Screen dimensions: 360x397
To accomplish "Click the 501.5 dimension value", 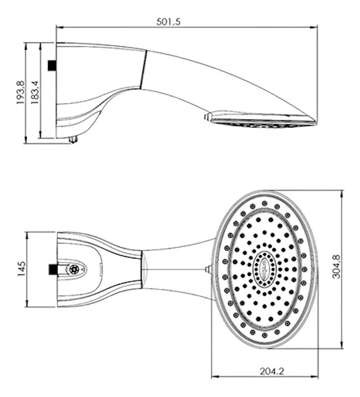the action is (168, 21).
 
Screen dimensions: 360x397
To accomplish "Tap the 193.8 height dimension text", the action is (20, 92).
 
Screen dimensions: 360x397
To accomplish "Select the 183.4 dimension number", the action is (35, 92).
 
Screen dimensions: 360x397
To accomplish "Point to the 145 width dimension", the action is (21, 268).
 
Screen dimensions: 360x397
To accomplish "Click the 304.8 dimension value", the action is (336, 267).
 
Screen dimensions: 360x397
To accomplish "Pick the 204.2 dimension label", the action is (272, 371).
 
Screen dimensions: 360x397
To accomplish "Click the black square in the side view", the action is (52, 66).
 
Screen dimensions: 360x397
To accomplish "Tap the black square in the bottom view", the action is (53, 269).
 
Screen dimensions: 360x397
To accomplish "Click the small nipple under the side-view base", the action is (73, 139).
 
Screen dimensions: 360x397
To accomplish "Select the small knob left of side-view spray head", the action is (207, 117).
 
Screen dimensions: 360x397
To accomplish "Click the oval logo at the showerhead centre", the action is (264, 269).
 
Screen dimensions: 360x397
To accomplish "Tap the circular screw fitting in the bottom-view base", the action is (74, 269).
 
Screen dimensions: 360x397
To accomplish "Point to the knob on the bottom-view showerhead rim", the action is (208, 269).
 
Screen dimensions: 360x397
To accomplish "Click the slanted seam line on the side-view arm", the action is (143, 69).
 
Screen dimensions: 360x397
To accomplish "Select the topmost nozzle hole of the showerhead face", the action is (265, 203).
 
